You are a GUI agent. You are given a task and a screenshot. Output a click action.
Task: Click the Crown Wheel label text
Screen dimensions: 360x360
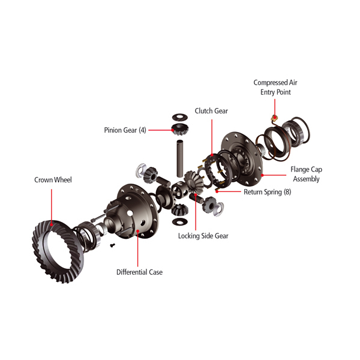[53, 180]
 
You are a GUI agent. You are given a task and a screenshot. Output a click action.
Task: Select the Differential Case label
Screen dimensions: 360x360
[140, 272]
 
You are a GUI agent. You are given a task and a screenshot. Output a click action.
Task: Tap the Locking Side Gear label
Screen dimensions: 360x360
[203, 236]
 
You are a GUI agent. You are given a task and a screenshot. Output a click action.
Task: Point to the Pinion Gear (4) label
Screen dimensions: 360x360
[125, 130]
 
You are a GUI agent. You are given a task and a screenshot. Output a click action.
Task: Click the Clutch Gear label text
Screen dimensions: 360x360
[211, 111]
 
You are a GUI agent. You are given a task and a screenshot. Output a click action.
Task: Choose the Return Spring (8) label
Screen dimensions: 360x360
[268, 192]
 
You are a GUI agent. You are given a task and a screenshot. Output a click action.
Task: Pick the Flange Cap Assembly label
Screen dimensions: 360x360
[306, 174]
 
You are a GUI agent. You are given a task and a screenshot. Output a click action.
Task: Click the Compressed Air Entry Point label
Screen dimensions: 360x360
[275, 87]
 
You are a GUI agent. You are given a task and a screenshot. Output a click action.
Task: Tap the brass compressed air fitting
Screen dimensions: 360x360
[274, 118]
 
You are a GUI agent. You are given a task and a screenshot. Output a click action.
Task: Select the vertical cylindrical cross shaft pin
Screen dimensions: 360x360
[180, 158]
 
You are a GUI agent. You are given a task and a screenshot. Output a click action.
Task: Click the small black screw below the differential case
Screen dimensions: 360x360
[112, 245]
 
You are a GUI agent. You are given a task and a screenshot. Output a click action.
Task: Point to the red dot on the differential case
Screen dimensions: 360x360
[138, 231]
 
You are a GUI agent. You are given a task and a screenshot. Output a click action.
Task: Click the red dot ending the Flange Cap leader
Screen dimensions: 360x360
[262, 175]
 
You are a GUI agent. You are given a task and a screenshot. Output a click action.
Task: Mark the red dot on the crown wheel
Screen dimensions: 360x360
[52, 224]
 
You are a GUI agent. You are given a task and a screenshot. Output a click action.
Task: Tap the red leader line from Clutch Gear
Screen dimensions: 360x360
[212, 137]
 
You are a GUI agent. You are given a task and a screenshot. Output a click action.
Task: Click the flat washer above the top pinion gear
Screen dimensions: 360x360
[180, 117]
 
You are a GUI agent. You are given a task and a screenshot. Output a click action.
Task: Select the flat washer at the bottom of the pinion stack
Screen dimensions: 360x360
[180, 221]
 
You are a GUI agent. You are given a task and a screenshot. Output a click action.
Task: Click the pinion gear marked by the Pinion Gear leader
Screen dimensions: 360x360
[180, 130]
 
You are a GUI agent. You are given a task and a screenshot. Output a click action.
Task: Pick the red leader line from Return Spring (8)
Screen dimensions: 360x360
[229, 191]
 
